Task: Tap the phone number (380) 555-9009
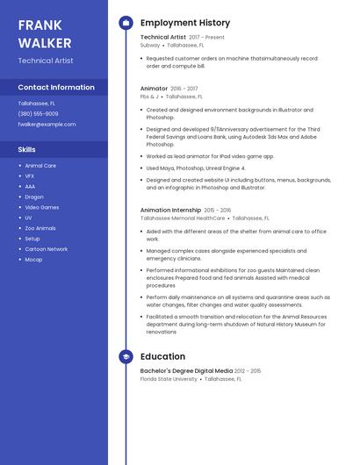38,114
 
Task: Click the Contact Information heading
56,88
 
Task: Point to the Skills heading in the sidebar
27,149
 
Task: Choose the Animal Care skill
40,166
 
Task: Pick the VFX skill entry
29,176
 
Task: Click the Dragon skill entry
33,197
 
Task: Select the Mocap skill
33,260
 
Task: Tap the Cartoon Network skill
46,249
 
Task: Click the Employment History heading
184,23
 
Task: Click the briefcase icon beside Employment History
126,23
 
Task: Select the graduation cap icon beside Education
126,357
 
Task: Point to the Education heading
162,357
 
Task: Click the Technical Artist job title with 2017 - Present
163,38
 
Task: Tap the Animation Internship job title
170,211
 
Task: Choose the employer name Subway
150,45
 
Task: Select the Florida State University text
169,379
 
